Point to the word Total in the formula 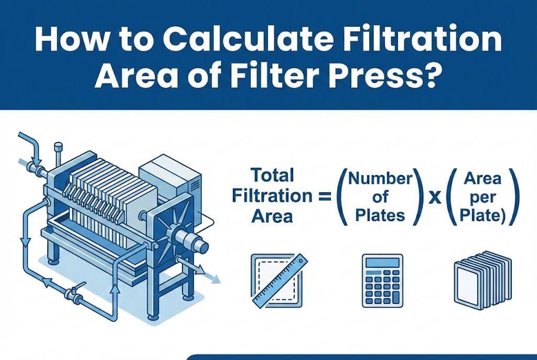click(x=272, y=175)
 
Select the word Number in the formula click(x=380, y=179)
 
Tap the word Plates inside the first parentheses click(x=380, y=215)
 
